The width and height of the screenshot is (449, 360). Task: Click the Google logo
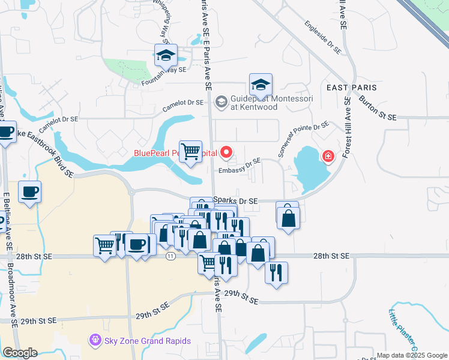point(20,353)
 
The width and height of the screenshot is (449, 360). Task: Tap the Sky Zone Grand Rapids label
point(147,341)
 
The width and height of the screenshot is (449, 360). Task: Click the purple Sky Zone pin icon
point(95,341)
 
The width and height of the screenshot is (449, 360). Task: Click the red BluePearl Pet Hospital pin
point(226,153)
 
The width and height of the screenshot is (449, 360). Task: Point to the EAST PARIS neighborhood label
point(351,88)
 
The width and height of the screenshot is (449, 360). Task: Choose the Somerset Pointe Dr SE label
point(303,139)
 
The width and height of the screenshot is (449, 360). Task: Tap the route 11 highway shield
point(171,256)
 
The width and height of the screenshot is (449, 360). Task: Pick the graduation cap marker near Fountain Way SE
point(166,56)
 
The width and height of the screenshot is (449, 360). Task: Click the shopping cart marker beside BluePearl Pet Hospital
point(191,151)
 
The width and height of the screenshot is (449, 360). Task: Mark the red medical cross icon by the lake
point(328,157)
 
